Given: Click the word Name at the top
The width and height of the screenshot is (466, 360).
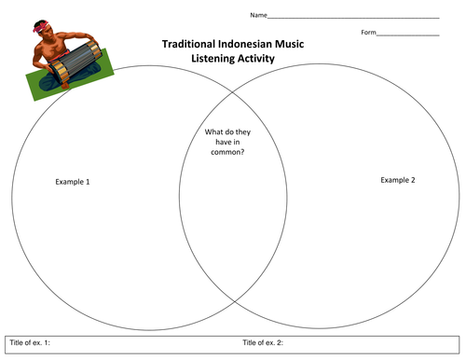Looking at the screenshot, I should point(257,16).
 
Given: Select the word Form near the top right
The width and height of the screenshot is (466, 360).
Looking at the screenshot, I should point(369,34).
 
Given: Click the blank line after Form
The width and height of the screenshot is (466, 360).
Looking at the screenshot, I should point(408,35).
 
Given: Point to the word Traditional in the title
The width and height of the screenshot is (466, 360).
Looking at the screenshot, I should point(188,44).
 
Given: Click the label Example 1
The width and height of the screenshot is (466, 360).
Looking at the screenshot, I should point(73,181).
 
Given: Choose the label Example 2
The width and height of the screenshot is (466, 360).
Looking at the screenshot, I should point(398,179).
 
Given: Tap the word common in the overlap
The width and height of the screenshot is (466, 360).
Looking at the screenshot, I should point(225,151).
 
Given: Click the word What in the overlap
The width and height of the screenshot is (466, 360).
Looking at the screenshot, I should point(214,132).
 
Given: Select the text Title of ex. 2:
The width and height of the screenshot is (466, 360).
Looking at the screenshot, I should point(263,343).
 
